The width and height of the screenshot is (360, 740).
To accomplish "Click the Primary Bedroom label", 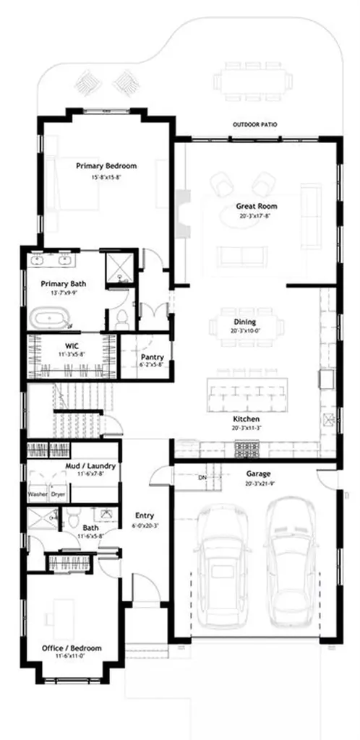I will point(106,165).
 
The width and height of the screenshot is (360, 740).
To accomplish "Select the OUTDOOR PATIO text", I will point(254,125).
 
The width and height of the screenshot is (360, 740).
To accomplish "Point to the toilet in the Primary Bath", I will point(121,318).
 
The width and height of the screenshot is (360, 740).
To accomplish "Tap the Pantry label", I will point(153,357).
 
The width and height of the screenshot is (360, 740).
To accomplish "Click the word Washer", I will point(38,494).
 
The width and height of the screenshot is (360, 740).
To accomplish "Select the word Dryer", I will point(59,494).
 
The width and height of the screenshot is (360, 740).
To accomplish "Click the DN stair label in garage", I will point(202,478).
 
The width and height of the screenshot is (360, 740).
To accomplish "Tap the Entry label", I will point(145,515).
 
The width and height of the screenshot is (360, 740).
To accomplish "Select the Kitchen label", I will point(247,419).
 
